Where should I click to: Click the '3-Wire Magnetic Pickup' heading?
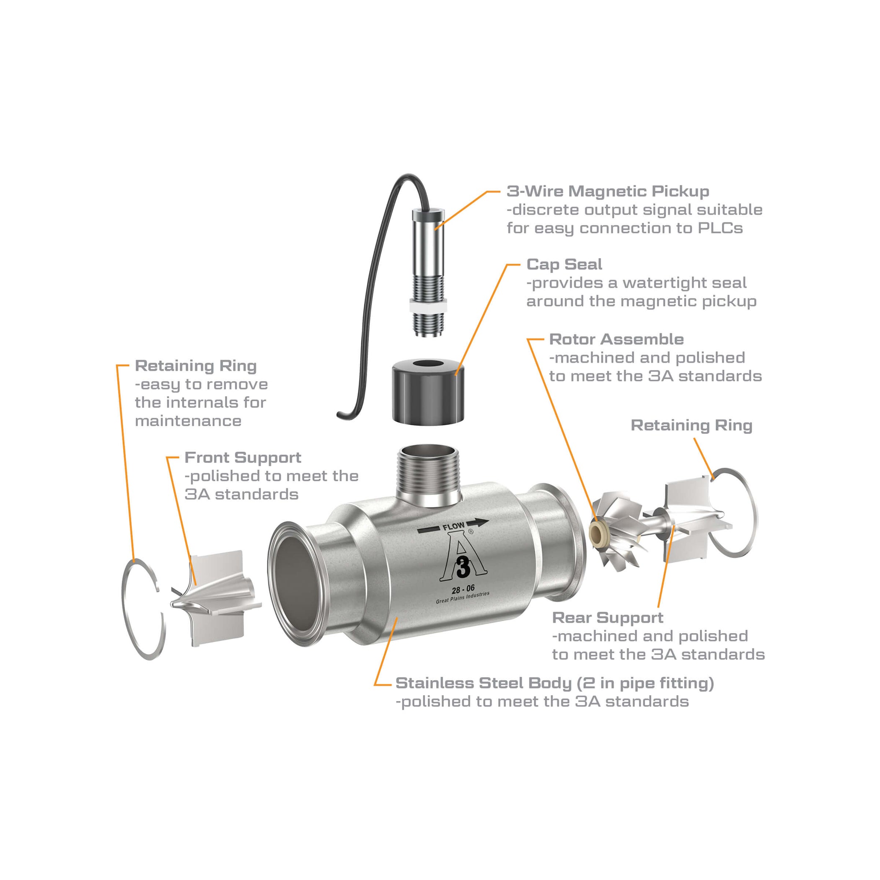[x=608, y=192]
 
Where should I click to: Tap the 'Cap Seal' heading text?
[x=564, y=264]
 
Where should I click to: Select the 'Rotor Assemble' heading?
[x=616, y=339]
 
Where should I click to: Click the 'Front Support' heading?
[x=243, y=457]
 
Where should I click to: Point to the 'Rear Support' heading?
[x=607, y=618]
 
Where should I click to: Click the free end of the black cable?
[x=339, y=414]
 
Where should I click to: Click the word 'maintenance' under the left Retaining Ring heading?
[x=188, y=421]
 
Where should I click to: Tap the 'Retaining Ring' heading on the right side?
[x=691, y=425]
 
